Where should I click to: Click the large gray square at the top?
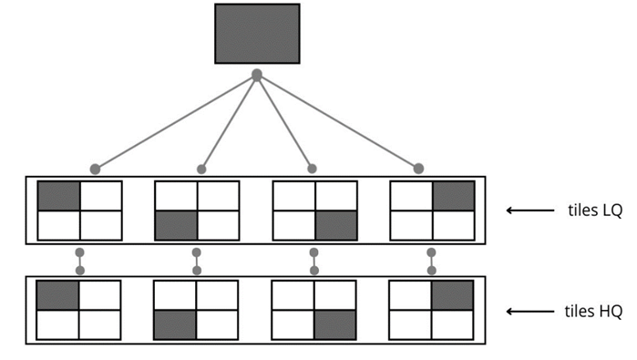click(257, 34)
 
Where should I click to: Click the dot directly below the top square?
click(257, 74)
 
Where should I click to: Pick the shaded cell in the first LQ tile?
click(58, 195)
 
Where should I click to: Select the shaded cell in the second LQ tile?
click(176, 225)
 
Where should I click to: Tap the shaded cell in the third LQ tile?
click(336, 225)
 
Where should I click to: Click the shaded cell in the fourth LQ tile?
click(453, 195)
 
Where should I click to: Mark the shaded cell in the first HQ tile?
click(58, 295)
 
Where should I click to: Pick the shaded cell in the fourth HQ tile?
click(453, 295)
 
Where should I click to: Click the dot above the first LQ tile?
click(95, 169)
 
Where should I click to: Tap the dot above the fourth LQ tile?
click(418, 169)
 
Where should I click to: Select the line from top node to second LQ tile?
click(229, 121)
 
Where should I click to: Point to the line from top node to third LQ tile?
click(284, 121)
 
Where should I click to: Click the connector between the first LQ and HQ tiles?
click(80, 261)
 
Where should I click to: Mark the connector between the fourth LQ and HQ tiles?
click(431, 261)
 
